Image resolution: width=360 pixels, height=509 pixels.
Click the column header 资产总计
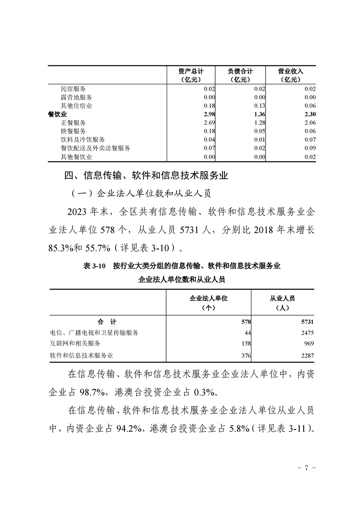(x=191, y=72)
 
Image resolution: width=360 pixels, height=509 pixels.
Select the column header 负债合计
(x=240, y=72)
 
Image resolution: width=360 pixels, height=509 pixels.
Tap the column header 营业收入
(x=290, y=72)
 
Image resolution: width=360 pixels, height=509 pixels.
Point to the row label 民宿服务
(x=73, y=89)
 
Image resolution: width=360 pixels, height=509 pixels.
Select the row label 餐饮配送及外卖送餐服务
(x=95, y=148)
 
